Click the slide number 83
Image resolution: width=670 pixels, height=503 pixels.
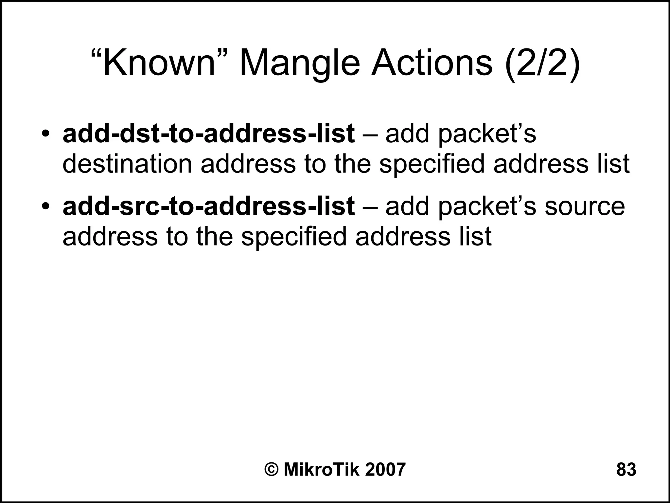[x=626, y=470]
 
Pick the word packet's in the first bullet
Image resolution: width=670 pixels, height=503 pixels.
[x=487, y=134]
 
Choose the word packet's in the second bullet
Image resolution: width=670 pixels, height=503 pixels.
[x=487, y=207]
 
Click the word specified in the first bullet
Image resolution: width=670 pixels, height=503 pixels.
[x=432, y=164]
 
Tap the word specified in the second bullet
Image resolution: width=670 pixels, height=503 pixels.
[x=293, y=237]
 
